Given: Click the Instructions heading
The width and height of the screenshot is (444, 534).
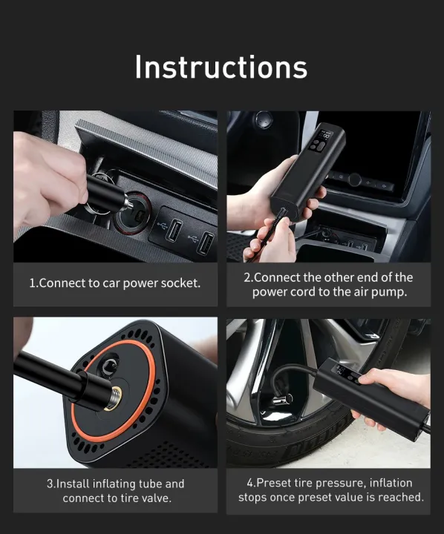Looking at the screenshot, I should (221, 67).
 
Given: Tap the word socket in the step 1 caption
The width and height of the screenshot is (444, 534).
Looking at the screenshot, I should (179, 283).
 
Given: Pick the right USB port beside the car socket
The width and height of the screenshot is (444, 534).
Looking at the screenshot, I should (206, 243).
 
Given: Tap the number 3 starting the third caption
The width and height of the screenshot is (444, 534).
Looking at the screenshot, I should (49, 484).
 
